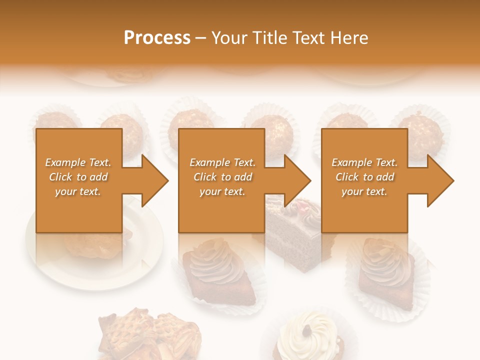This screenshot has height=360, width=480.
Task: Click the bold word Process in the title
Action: click(x=157, y=38)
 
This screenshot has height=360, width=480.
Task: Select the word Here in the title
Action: click(x=349, y=38)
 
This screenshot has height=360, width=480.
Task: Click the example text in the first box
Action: click(x=78, y=177)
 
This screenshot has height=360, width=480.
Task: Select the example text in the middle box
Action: click(x=222, y=177)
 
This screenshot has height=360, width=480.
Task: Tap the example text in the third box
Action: click(x=364, y=177)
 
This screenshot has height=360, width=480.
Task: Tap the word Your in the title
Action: click(x=228, y=38)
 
